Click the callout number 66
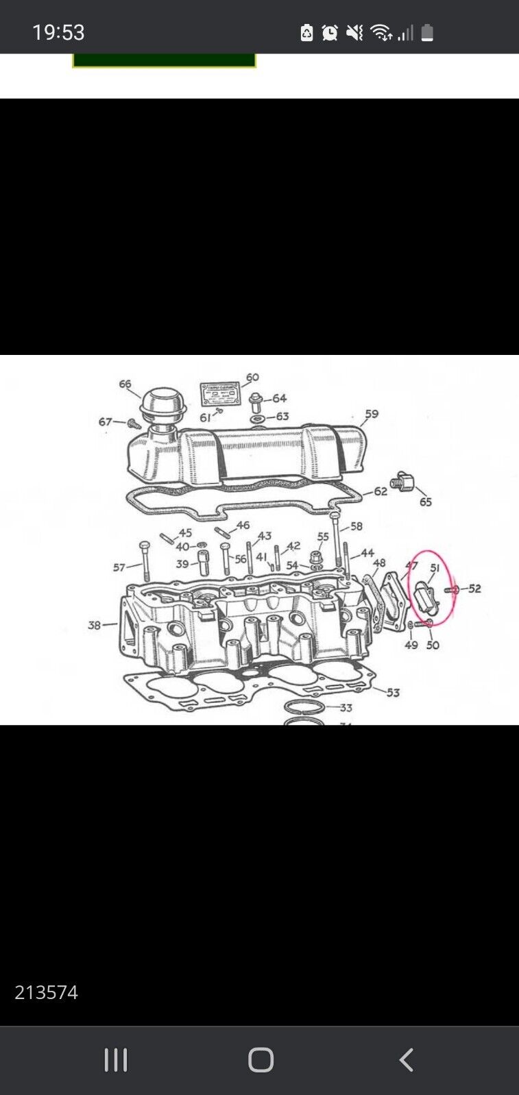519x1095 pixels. click(125, 384)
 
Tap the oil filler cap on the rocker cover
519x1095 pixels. click(158, 404)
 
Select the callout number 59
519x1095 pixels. click(371, 414)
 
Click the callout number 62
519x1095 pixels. click(381, 491)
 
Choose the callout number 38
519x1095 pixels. click(95, 625)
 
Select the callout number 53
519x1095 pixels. click(393, 692)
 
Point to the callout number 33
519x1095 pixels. click(346, 707)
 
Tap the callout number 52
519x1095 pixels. click(474, 589)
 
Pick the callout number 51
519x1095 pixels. click(435, 568)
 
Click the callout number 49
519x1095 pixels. click(411, 645)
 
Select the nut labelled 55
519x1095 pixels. click(317, 556)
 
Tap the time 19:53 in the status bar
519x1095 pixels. click(58, 32)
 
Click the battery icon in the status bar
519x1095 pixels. click(427, 32)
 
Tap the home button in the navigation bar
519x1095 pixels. click(261, 1059)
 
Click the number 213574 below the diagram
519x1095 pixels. click(46, 992)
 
